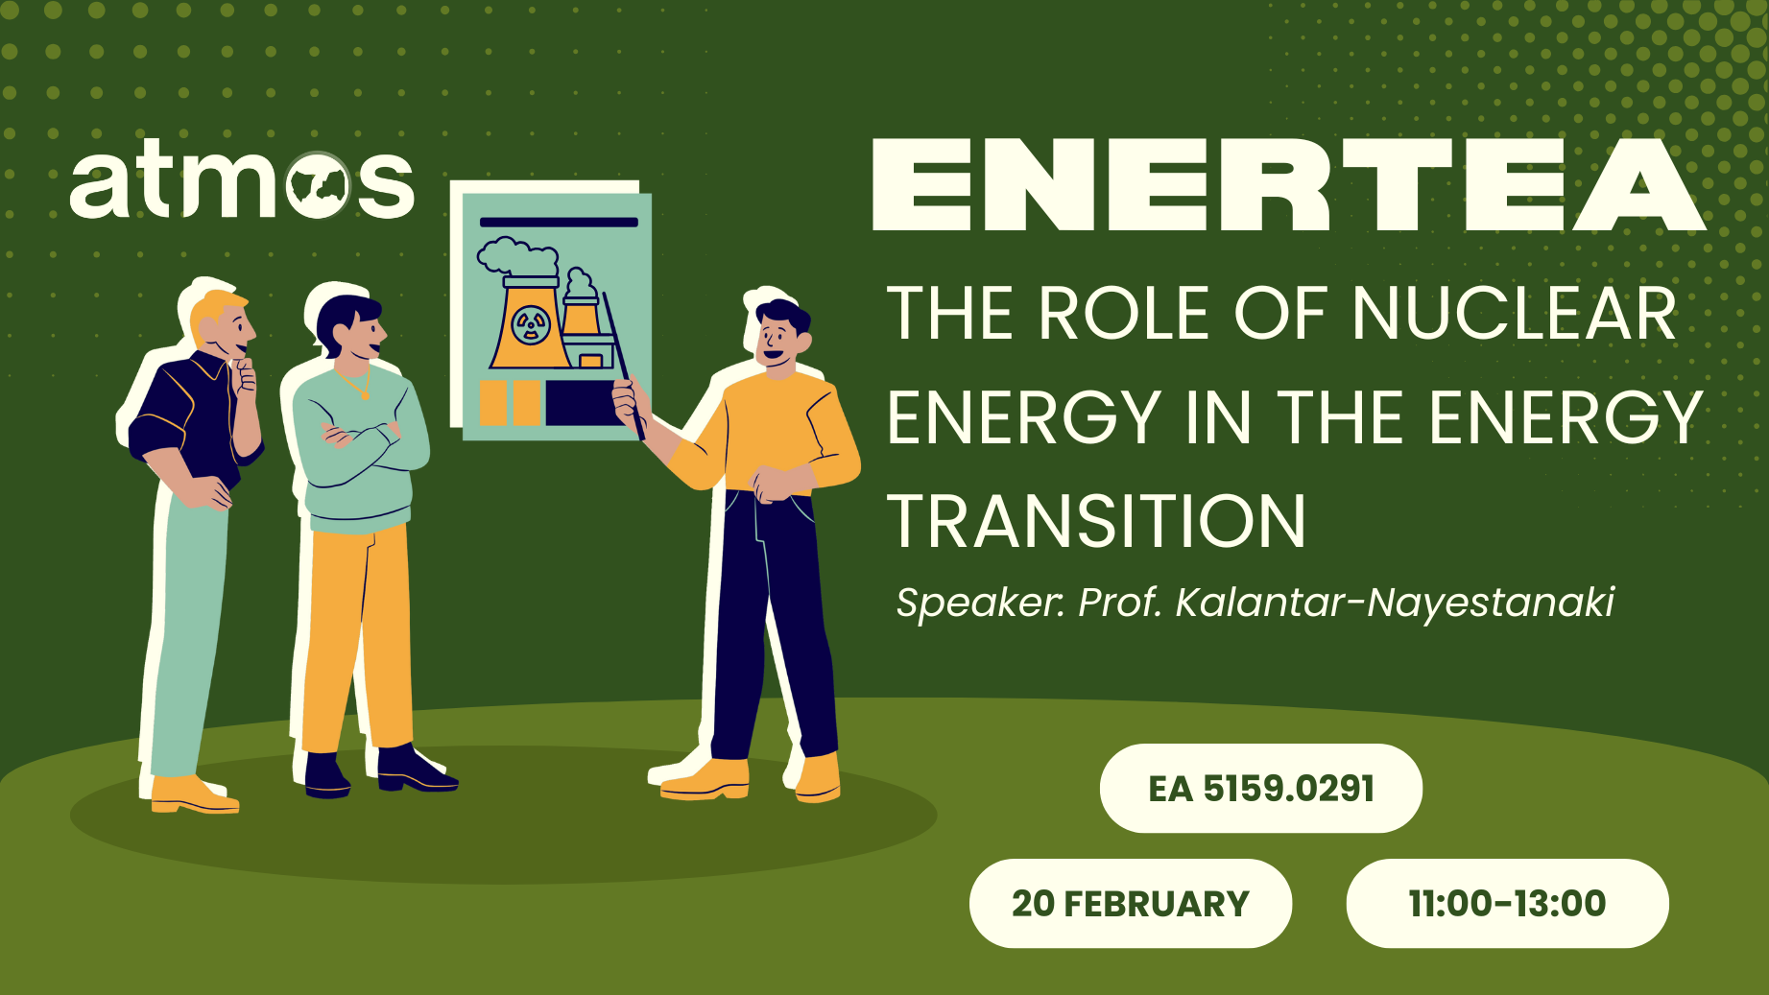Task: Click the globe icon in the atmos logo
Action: point(318,185)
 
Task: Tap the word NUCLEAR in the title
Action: point(1514,314)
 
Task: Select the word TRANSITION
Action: point(1096,522)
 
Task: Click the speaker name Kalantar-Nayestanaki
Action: point(1394,603)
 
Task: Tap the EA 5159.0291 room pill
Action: point(1260,789)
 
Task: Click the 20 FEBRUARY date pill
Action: point(1130,904)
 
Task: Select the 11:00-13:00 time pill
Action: point(1507,904)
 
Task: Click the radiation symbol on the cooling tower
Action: point(531,325)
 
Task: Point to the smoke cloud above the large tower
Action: point(515,256)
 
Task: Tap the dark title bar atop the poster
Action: point(558,222)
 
